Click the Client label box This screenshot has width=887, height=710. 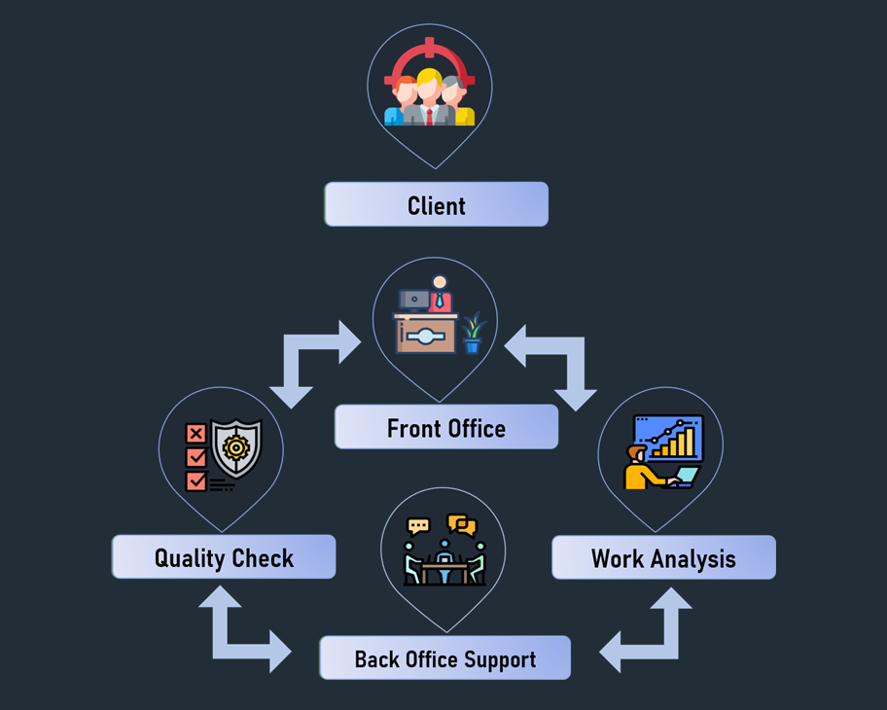click(436, 205)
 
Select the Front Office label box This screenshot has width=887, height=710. click(446, 428)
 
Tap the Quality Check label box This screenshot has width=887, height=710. click(224, 558)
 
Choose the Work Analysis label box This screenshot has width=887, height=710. click(663, 558)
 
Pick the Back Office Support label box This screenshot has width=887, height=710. click(445, 658)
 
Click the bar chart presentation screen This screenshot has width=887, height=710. click(668, 438)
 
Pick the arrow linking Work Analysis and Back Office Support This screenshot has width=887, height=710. click(650, 634)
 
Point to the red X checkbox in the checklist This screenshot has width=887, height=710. click(195, 434)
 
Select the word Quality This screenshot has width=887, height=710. click(189, 558)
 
